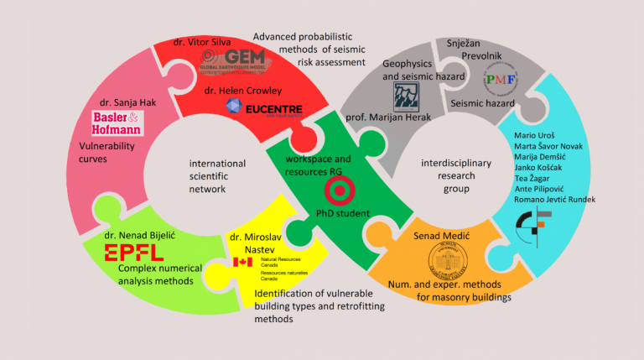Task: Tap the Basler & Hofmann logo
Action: point(119,123)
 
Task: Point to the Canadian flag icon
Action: point(242,263)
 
